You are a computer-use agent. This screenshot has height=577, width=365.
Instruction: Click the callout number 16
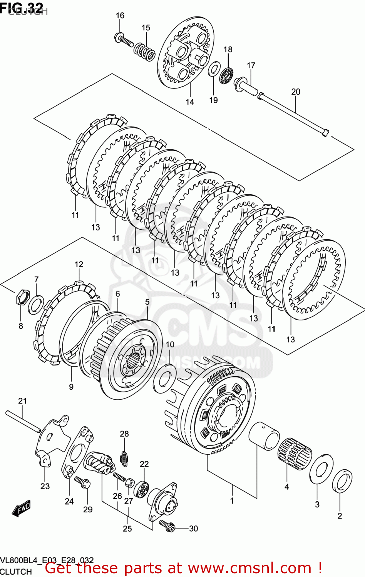pos(120,15)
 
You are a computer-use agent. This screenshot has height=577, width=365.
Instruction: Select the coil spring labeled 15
pos(144,51)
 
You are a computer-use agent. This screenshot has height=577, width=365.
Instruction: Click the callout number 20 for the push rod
pos(296,92)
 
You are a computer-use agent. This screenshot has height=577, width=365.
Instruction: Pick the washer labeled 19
pos(213,70)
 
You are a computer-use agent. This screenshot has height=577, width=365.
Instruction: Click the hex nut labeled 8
pos(22,297)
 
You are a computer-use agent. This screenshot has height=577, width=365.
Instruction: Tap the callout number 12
pos(79,264)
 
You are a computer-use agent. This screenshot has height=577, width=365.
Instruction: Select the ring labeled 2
pos(342,481)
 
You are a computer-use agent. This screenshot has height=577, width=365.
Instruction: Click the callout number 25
pos(127,529)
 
